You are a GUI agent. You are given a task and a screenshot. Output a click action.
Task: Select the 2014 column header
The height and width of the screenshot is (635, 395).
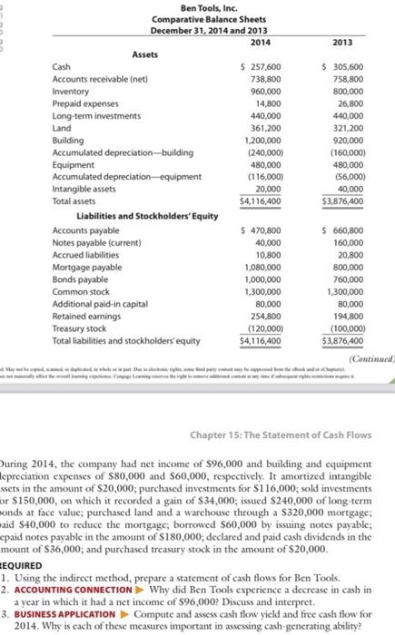point(261,42)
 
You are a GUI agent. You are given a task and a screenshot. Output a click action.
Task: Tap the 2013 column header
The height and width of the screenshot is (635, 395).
point(344,42)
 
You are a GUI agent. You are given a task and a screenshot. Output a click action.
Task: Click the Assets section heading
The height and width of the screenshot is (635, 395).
point(146,54)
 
